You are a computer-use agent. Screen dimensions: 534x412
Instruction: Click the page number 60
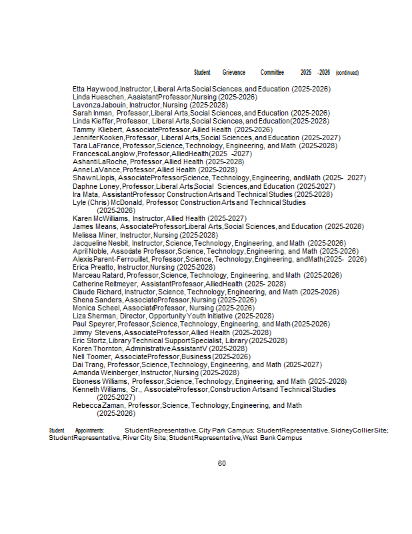222,463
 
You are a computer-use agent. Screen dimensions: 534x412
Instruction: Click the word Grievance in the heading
233,72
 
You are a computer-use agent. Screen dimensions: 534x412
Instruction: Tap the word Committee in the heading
272,72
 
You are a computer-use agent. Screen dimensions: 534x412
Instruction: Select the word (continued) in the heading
347,72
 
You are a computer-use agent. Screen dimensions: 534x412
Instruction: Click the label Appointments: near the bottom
90,431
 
